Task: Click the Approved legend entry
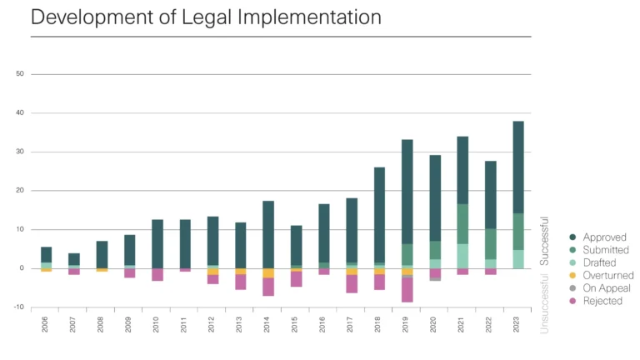coord(605,237)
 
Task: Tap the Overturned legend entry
coord(608,275)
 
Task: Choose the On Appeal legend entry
coord(606,287)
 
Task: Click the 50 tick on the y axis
coord(19,74)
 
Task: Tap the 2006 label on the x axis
coord(47,325)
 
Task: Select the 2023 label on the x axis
coord(518,325)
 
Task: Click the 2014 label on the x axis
coord(268,325)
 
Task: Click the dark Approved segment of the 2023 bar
coord(518,167)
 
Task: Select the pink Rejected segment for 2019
coord(407,289)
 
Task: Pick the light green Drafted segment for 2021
coord(462,256)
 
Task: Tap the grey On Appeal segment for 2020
coord(435,279)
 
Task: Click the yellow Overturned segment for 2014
coord(268,272)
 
